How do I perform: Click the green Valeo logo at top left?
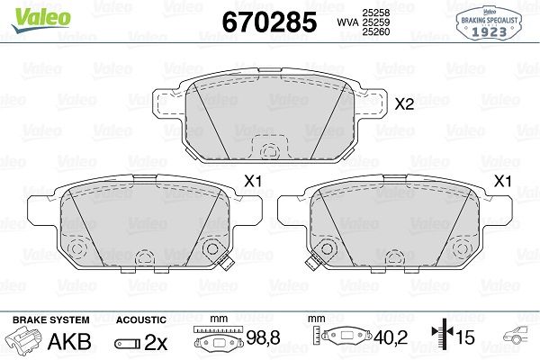41,20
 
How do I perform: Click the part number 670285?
269,22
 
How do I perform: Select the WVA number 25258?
375,13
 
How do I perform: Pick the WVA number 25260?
375,31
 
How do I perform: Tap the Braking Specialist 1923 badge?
489,23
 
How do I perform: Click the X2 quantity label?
404,103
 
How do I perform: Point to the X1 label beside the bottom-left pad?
253,181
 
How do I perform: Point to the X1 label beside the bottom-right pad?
502,181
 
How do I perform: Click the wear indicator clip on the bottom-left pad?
226,264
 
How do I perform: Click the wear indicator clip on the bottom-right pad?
313,264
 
